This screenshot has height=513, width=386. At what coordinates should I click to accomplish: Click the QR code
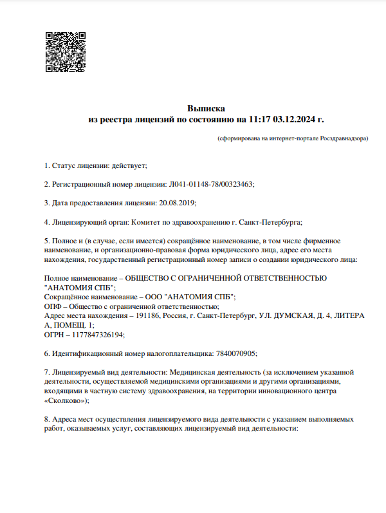[x=66, y=51]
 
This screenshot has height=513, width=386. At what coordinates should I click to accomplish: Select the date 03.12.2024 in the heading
[x=295, y=120]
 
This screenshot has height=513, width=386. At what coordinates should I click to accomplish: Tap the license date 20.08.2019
[x=176, y=203]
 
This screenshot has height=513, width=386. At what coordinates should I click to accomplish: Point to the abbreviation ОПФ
[x=52, y=306]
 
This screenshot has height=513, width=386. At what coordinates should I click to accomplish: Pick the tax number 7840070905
[x=234, y=353]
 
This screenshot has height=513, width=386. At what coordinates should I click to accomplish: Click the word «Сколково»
[x=64, y=400]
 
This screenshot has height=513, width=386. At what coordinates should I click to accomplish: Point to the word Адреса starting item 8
[x=66, y=419]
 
